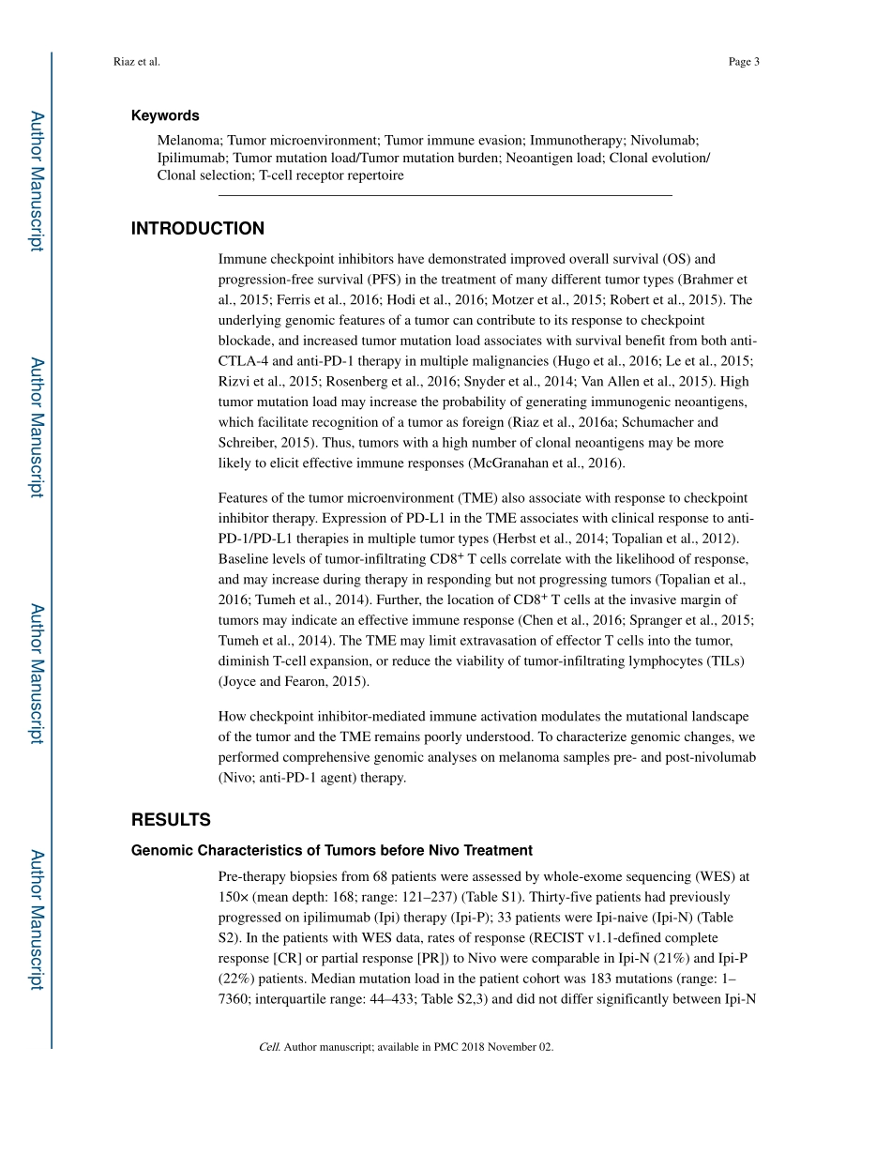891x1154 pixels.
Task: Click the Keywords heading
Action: click(165, 115)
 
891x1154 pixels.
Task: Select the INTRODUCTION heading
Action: click(197, 229)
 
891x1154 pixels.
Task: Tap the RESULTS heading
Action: click(171, 820)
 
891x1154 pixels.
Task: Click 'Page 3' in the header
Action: click(743, 62)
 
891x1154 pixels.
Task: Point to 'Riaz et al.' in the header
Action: click(136, 62)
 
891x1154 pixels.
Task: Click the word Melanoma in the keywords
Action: click(189, 139)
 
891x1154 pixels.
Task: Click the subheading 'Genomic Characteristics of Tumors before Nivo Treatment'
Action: click(331, 851)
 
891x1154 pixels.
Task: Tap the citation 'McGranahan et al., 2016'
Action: click(546, 463)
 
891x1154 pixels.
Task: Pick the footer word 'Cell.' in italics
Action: click(270, 1047)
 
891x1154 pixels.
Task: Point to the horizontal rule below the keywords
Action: click(445, 195)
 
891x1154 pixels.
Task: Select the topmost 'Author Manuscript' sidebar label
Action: click(37, 181)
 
